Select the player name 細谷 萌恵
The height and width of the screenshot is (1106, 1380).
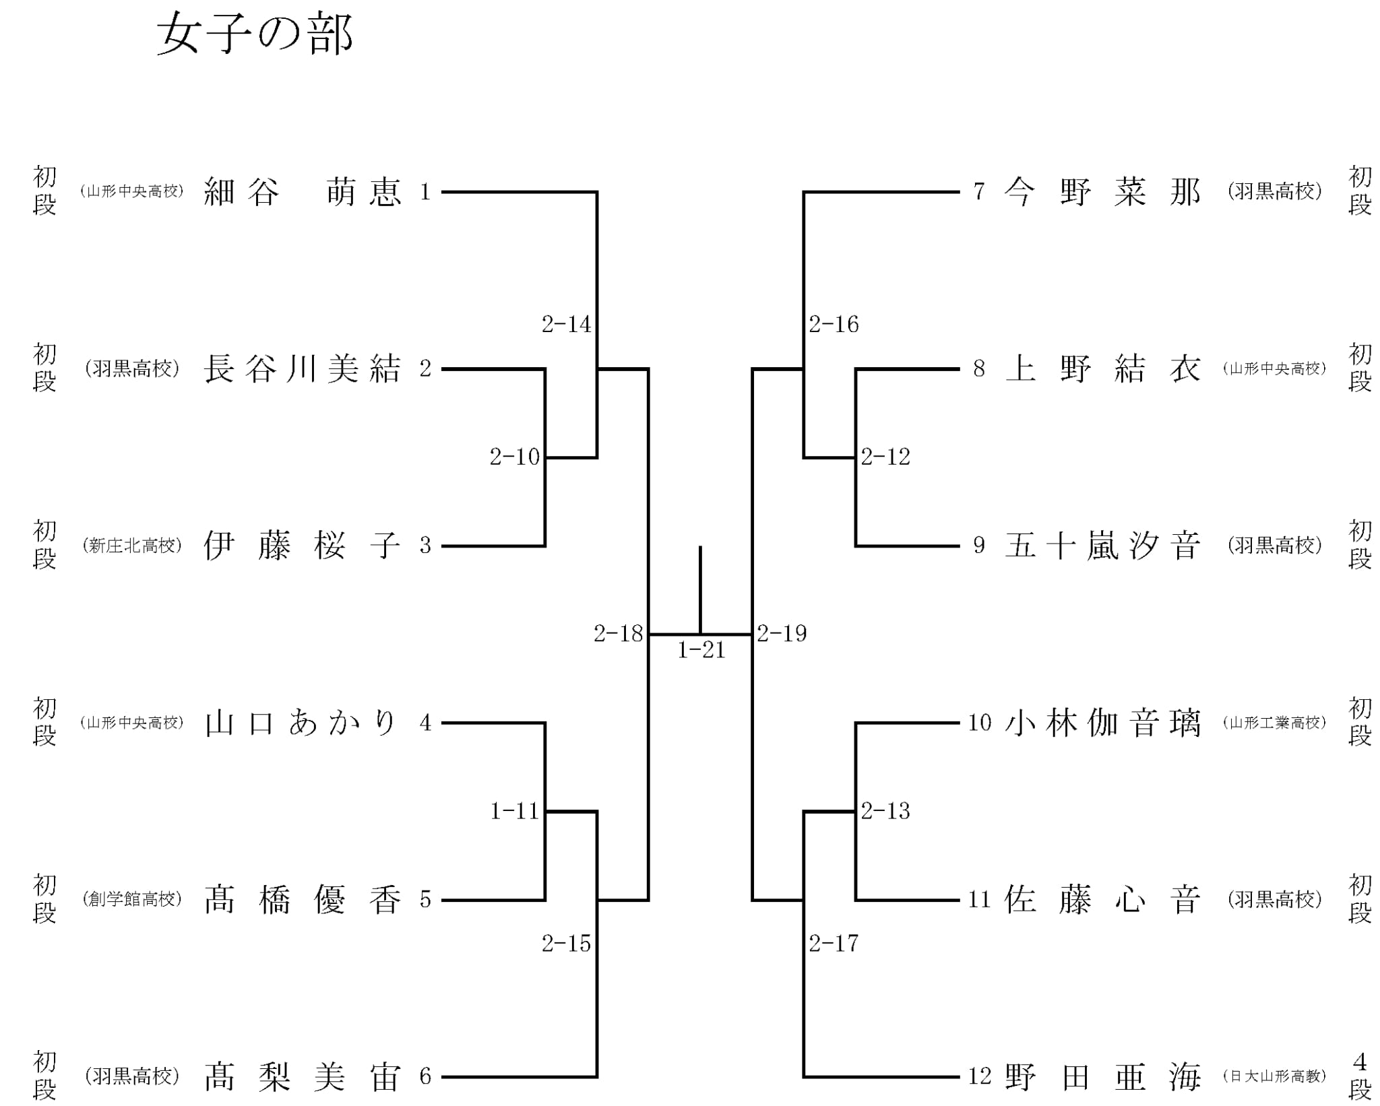click(303, 192)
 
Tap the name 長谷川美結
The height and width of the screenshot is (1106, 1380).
click(303, 369)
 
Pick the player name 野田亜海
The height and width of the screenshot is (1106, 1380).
click(1102, 1077)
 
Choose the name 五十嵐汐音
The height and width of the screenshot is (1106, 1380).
click(1102, 546)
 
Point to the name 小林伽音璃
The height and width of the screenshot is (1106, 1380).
click(1102, 723)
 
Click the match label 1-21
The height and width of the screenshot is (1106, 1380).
click(701, 650)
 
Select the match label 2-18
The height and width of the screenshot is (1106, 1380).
click(618, 634)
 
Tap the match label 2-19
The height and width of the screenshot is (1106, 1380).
click(782, 634)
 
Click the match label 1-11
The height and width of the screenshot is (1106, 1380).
click(514, 811)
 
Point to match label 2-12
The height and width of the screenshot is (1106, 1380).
click(885, 457)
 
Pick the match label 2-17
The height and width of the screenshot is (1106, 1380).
click(834, 944)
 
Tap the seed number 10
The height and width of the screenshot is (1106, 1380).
click(980, 723)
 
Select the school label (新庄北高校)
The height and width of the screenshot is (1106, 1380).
click(132, 546)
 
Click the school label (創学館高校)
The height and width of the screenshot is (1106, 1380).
click(132, 900)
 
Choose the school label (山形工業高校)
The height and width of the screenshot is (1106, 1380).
click(1275, 723)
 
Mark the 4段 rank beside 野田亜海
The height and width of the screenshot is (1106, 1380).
click(1360, 1077)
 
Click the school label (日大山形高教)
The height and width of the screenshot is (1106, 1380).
click(1275, 1077)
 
